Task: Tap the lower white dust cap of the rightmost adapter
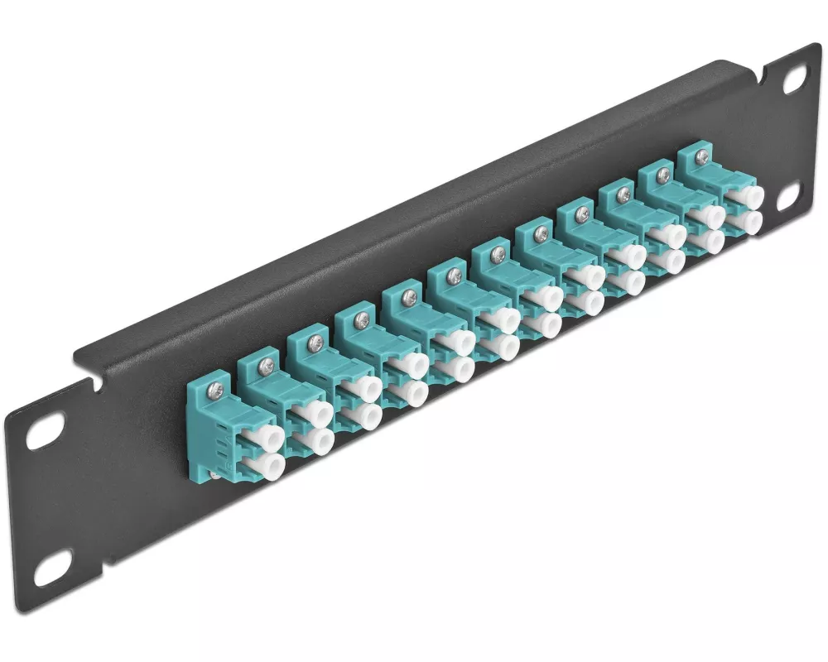pos(749,222)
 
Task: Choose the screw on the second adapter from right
pos(662,175)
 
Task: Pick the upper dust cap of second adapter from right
pos(710,216)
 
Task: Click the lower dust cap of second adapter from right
pos(710,241)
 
